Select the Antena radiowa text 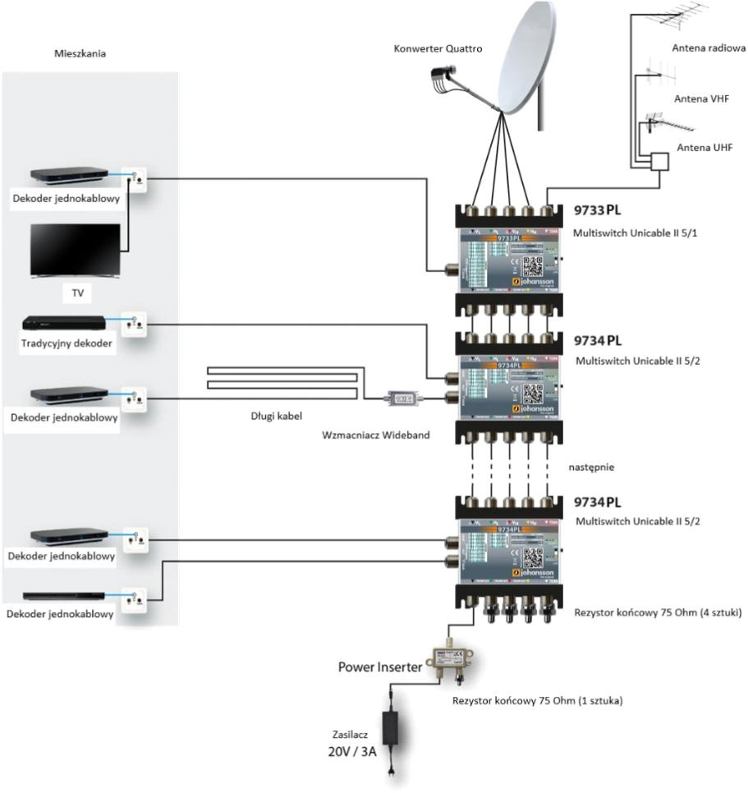pyautogui.click(x=709, y=48)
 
